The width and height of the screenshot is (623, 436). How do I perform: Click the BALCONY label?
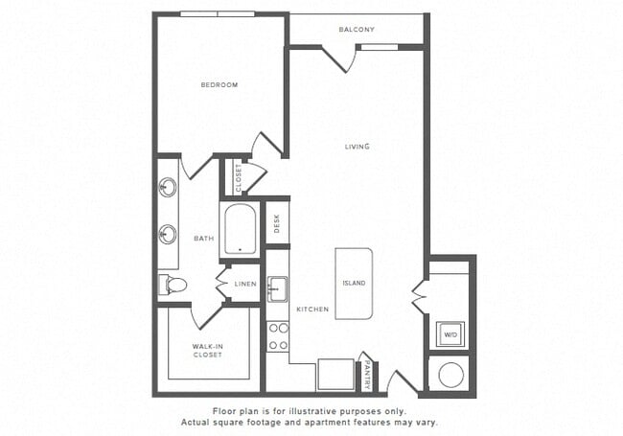point(356,30)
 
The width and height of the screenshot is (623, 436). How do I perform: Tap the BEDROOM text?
point(219,85)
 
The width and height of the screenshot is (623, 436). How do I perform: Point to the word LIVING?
point(358,147)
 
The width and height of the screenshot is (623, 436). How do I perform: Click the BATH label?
point(203,239)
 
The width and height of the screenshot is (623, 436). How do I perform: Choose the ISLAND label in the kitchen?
point(354,284)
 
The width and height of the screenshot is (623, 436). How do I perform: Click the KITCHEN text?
point(312,310)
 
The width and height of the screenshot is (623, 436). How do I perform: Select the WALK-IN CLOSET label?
point(207,350)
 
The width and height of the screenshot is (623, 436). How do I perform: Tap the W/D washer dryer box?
point(450,335)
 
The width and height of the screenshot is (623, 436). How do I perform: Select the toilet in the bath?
point(173,284)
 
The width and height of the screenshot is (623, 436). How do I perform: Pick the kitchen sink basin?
point(277,288)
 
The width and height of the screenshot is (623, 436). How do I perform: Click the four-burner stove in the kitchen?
point(278,335)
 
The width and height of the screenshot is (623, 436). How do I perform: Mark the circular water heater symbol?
point(450,373)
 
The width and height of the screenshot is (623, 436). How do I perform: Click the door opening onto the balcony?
point(340,57)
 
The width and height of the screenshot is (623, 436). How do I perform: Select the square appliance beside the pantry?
point(335,374)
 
